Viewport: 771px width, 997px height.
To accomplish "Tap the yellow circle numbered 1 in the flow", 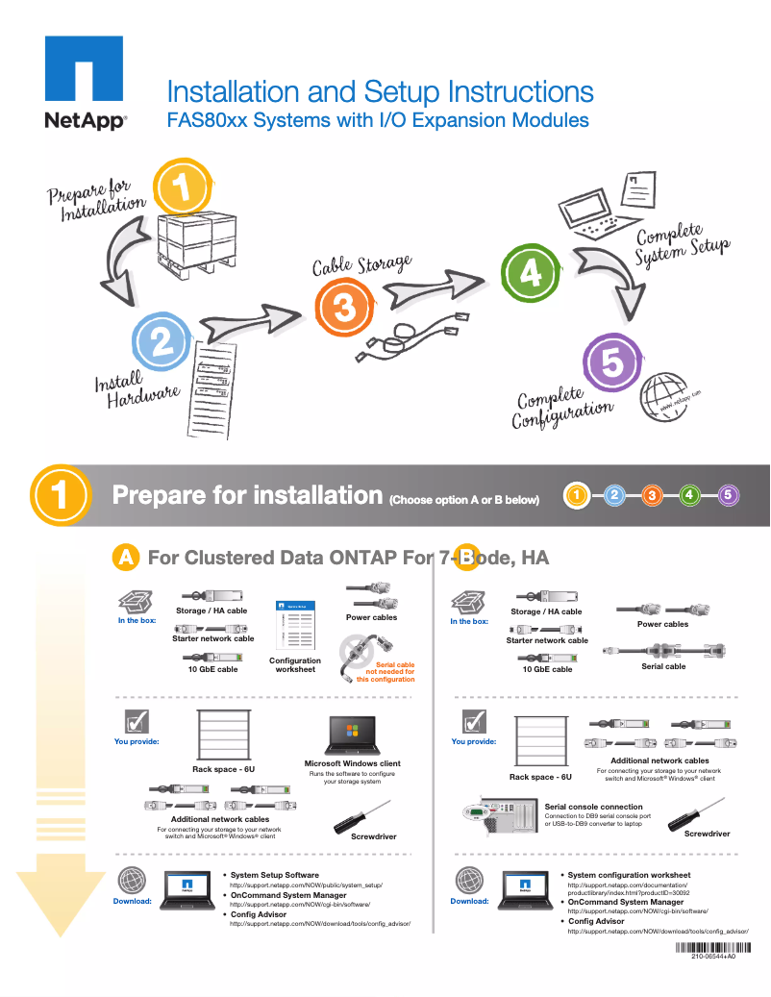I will (183, 187).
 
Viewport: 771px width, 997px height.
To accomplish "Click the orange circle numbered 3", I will (343, 308).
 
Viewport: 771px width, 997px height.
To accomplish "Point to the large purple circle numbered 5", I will (612, 362).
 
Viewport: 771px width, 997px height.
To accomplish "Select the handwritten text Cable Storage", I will (361, 263).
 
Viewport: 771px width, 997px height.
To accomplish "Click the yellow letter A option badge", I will (126, 557).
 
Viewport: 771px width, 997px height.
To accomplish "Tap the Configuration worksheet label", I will (295, 664).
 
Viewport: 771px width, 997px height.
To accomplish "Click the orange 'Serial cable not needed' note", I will (385, 671).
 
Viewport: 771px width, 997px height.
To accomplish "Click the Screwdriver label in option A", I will (373, 836).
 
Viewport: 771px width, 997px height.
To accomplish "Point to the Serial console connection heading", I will (593, 807).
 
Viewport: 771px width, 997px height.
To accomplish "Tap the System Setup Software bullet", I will (274, 875).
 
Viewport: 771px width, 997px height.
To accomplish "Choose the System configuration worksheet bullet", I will (628, 875).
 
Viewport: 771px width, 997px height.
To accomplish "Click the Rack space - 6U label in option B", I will (540, 777).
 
